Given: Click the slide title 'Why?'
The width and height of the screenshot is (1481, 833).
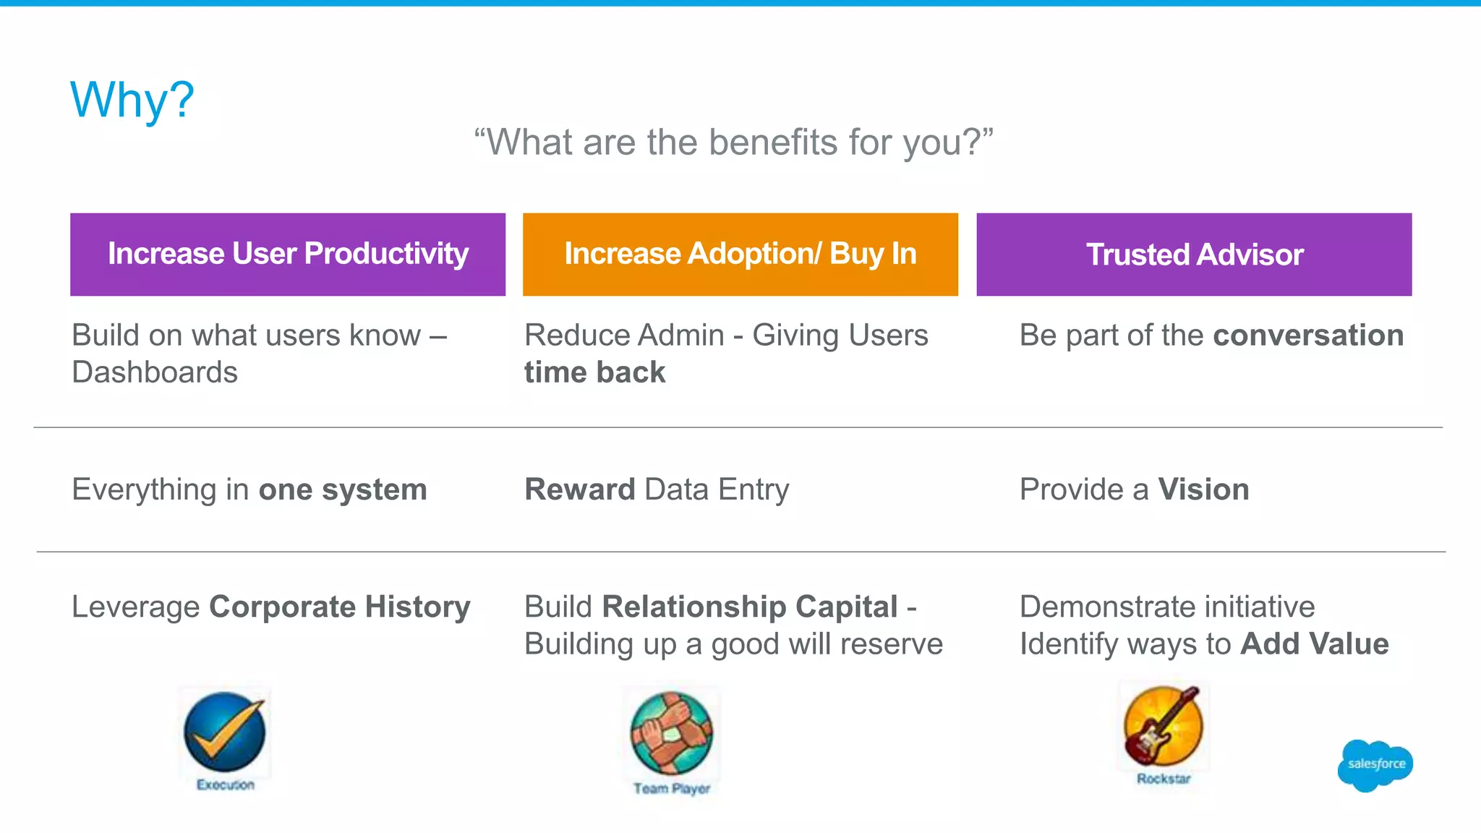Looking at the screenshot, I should pos(132,100).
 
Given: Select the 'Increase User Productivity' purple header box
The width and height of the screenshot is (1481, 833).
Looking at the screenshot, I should pos(288,254).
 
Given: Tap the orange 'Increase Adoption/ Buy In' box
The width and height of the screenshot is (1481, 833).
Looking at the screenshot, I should pos(740,254).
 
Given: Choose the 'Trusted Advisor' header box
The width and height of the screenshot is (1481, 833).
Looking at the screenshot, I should pos(1194,254).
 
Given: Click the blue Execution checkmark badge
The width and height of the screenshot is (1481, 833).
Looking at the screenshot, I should pos(224,732).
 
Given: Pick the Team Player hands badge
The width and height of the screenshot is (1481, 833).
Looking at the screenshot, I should pos(671,733).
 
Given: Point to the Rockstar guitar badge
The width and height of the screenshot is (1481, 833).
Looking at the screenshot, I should pos(1163,726).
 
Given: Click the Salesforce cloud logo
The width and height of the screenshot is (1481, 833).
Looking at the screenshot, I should pos(1375,765).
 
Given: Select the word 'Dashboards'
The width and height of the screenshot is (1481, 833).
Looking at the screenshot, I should pos(155,372).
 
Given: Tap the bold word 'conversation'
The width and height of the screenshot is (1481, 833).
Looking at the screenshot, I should pos(1308,336).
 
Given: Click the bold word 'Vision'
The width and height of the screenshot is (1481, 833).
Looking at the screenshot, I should pos(1203,490).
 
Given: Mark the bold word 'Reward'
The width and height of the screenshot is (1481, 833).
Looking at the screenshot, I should pos(580,490).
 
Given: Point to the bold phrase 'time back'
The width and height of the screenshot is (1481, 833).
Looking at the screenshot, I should pos(594,372).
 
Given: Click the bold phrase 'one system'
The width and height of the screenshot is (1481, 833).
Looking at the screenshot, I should pos(343,490).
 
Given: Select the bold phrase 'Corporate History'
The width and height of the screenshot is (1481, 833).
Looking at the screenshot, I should pos(340,607).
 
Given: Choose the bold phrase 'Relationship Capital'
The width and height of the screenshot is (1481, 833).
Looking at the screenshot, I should pos(750,607).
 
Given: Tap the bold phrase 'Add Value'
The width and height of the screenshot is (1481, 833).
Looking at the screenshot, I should pos(1314,644).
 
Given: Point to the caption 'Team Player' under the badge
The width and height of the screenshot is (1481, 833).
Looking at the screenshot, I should pos(672,788).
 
